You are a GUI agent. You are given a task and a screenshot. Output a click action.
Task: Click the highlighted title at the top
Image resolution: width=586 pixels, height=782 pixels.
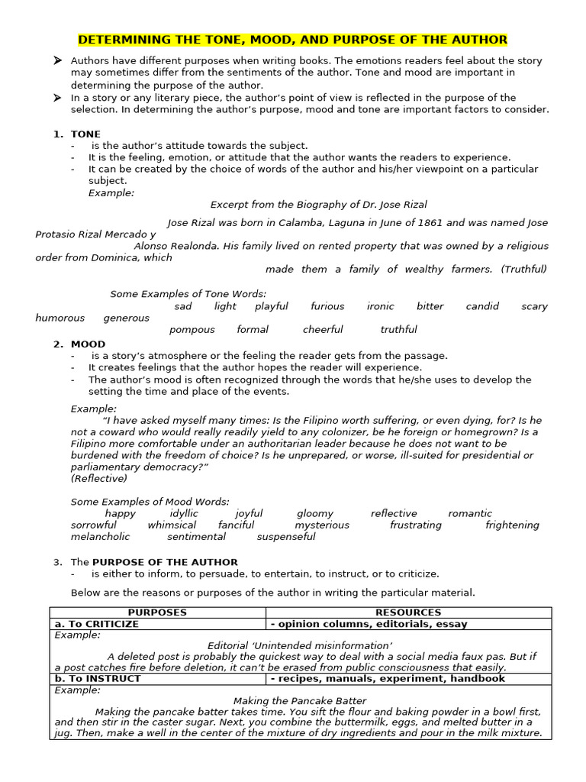point(293,40)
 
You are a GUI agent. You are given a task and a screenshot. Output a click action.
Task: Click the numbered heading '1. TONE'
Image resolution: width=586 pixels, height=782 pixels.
point(77,134)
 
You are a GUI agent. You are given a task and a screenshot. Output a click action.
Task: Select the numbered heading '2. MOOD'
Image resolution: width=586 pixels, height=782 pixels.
point(79,344)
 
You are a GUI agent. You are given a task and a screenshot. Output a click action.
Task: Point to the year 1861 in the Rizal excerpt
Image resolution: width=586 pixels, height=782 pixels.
point(429,223)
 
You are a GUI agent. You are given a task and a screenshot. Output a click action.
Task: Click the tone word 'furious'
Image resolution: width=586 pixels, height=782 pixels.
point(327,306)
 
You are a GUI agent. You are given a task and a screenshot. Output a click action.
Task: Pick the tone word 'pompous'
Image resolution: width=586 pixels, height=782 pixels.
point(192,330)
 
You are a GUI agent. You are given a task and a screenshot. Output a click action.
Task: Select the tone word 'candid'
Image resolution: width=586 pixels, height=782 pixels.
point(482,306)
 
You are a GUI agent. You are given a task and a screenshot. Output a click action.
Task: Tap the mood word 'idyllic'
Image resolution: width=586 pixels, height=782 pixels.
point(184,514)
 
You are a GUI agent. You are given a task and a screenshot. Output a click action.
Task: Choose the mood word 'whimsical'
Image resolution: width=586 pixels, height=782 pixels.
point(172,525)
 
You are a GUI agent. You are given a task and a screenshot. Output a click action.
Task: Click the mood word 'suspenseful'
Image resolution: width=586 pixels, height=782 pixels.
point(286,537)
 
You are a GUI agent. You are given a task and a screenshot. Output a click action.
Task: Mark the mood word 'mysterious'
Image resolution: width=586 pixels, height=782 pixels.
point(322,525)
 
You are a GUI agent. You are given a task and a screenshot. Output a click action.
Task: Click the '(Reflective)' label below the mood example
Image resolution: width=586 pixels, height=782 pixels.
point(99,479)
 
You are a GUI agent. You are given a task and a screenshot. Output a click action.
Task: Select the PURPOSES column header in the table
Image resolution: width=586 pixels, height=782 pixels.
point(157,612)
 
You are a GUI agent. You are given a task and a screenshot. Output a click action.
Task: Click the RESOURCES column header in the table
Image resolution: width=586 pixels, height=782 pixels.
point(408,612)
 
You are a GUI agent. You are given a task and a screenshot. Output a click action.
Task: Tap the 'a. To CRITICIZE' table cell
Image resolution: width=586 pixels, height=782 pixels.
point(97,624)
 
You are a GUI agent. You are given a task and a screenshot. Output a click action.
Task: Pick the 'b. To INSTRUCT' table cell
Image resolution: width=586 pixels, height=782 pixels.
point(98,678)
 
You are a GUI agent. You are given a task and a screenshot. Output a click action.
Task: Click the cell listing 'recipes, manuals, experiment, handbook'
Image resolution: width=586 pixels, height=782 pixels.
point(388,678)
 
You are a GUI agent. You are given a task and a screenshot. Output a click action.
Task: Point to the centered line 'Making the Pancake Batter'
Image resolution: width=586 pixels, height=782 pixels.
point(300,700)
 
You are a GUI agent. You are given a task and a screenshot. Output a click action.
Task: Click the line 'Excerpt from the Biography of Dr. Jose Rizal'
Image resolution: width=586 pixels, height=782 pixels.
point(318,205)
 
